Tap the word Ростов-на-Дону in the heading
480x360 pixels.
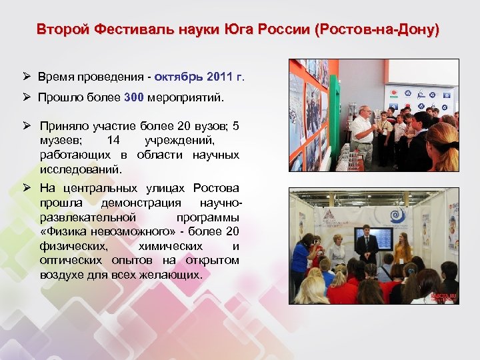[x=379, y=30]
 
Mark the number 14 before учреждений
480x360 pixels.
[x=113, y=141]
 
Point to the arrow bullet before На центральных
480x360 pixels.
[x=27, y=188]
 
